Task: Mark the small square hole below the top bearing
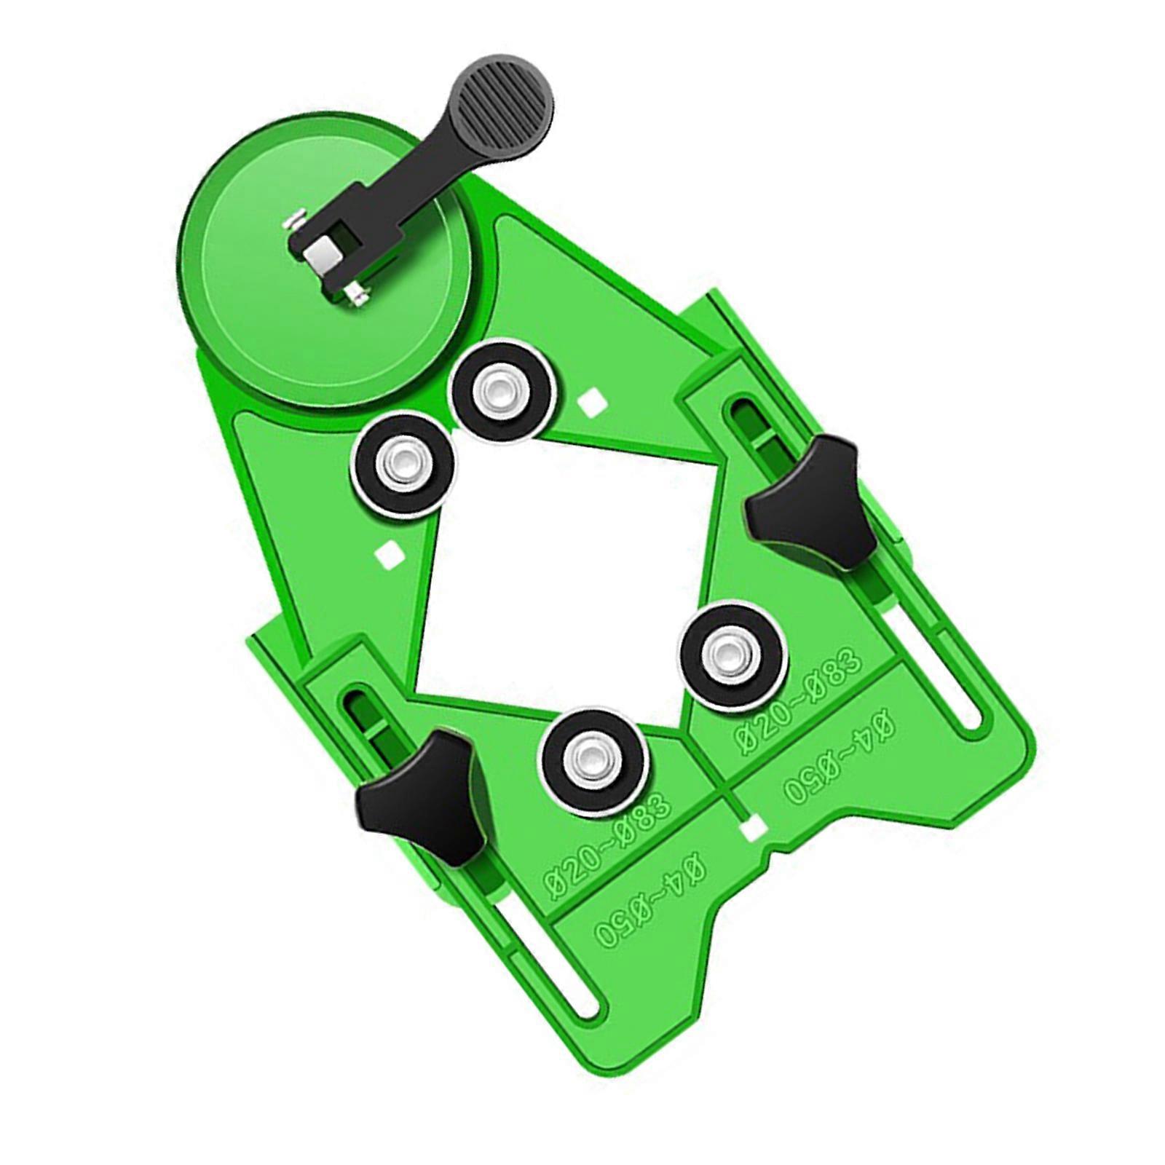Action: (591, 401)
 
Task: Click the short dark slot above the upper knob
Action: (746, 422)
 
